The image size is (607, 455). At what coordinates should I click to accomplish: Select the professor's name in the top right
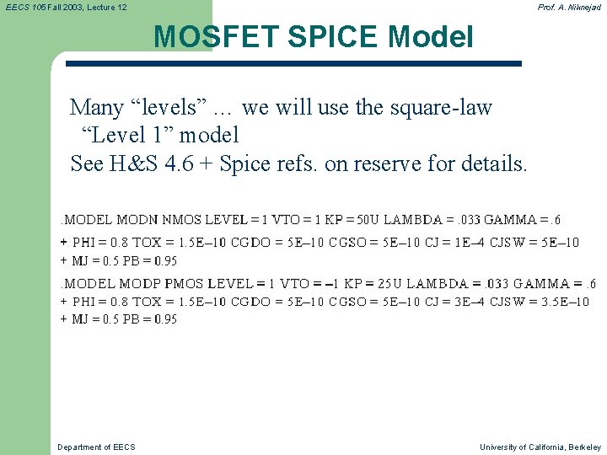(569, 8)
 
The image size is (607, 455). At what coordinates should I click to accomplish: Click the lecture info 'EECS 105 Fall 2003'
(43, 8)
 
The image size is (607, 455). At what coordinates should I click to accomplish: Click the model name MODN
(137, 220)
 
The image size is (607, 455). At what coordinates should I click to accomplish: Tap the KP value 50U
(360, 220)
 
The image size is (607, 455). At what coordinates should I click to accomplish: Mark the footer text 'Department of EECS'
(96, 447)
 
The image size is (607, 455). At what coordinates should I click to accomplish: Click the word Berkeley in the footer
(584, 447)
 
